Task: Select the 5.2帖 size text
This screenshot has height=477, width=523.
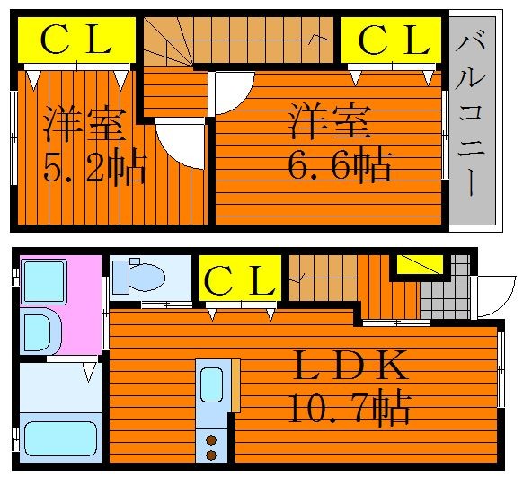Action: click(x=94, y=167)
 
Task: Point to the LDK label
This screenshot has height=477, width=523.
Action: click(x=350, y=366)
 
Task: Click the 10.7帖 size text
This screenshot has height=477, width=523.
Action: click(x=349, y=409)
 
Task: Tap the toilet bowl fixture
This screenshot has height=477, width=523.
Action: click(x=139, y=278)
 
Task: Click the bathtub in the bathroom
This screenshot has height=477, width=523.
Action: click(x=60, y=438)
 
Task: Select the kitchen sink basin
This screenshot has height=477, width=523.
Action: click(x=211, y=384)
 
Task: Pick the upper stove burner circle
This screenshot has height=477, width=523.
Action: click(x=211, y=440)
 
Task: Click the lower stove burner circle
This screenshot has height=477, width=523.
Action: click(x=211, y=455)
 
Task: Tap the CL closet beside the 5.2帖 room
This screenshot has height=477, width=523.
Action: click(x=76, y=40)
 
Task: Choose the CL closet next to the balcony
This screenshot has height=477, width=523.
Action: click(x=391, y=40)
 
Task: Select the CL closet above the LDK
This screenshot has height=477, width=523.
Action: click(x=240, y=278)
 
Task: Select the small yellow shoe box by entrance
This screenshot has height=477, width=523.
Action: click(x=420, y=264)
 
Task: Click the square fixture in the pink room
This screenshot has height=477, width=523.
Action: click(x=44, y=282)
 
